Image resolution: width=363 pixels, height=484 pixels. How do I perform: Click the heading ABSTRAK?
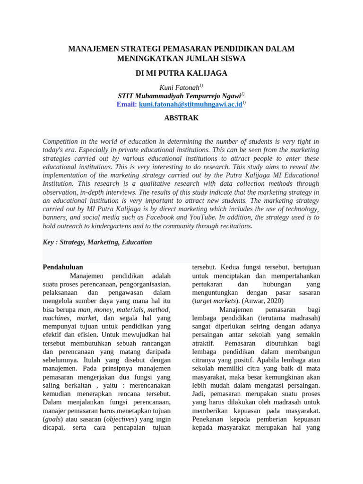click(x=181, y=118)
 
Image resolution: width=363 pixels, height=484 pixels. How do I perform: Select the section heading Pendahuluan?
click(x=63, y=267)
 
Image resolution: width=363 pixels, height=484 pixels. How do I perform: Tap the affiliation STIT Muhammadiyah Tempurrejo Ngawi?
click(x=179, y=96)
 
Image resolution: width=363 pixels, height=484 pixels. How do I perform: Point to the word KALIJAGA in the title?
click(x=206, y=73)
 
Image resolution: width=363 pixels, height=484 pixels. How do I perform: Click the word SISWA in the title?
click(x=233, y=59)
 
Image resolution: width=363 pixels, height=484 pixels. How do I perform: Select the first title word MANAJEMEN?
click(x=93, y=49)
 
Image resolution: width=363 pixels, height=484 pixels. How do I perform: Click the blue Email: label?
click(x=127, y=104)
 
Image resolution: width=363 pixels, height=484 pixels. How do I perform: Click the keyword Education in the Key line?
click(x=137, y=242)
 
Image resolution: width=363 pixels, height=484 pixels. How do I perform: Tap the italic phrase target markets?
click(x=214, y=301)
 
